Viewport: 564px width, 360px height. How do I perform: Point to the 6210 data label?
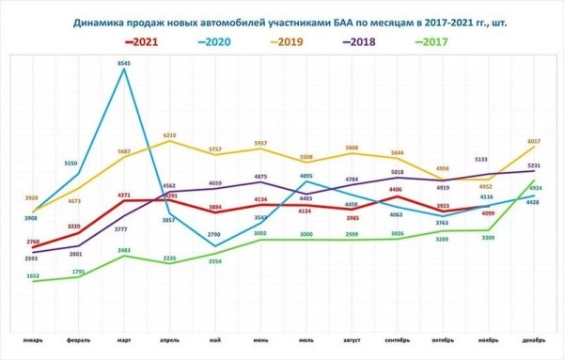(170, 135)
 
